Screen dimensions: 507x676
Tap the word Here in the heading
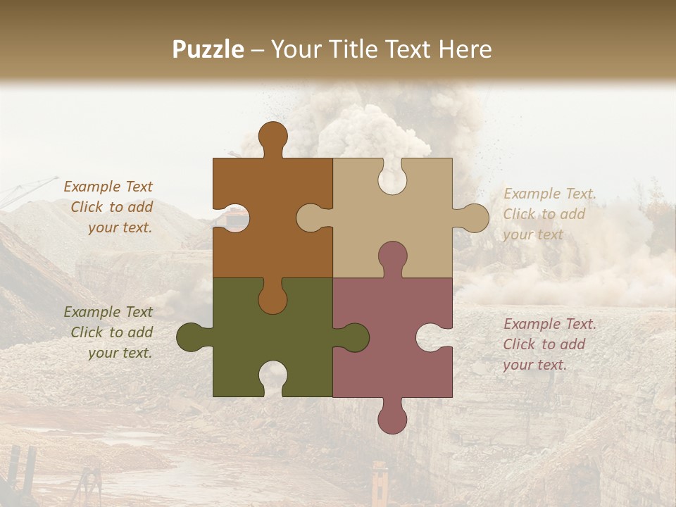(x=464, y=49)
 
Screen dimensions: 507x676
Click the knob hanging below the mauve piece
(x=392, y=419)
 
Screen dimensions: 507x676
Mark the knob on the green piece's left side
(x=191, y=337)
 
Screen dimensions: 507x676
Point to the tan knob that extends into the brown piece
(x=311, y=218)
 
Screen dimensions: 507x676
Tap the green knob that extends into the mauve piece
(x=354, y=337)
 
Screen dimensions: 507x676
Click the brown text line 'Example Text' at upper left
(x=108, y=187)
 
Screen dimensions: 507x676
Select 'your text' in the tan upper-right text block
(x=533, y=234)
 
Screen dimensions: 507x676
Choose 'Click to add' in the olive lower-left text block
(x=111, y=332)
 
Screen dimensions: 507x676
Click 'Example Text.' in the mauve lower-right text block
(x=549, y=324)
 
